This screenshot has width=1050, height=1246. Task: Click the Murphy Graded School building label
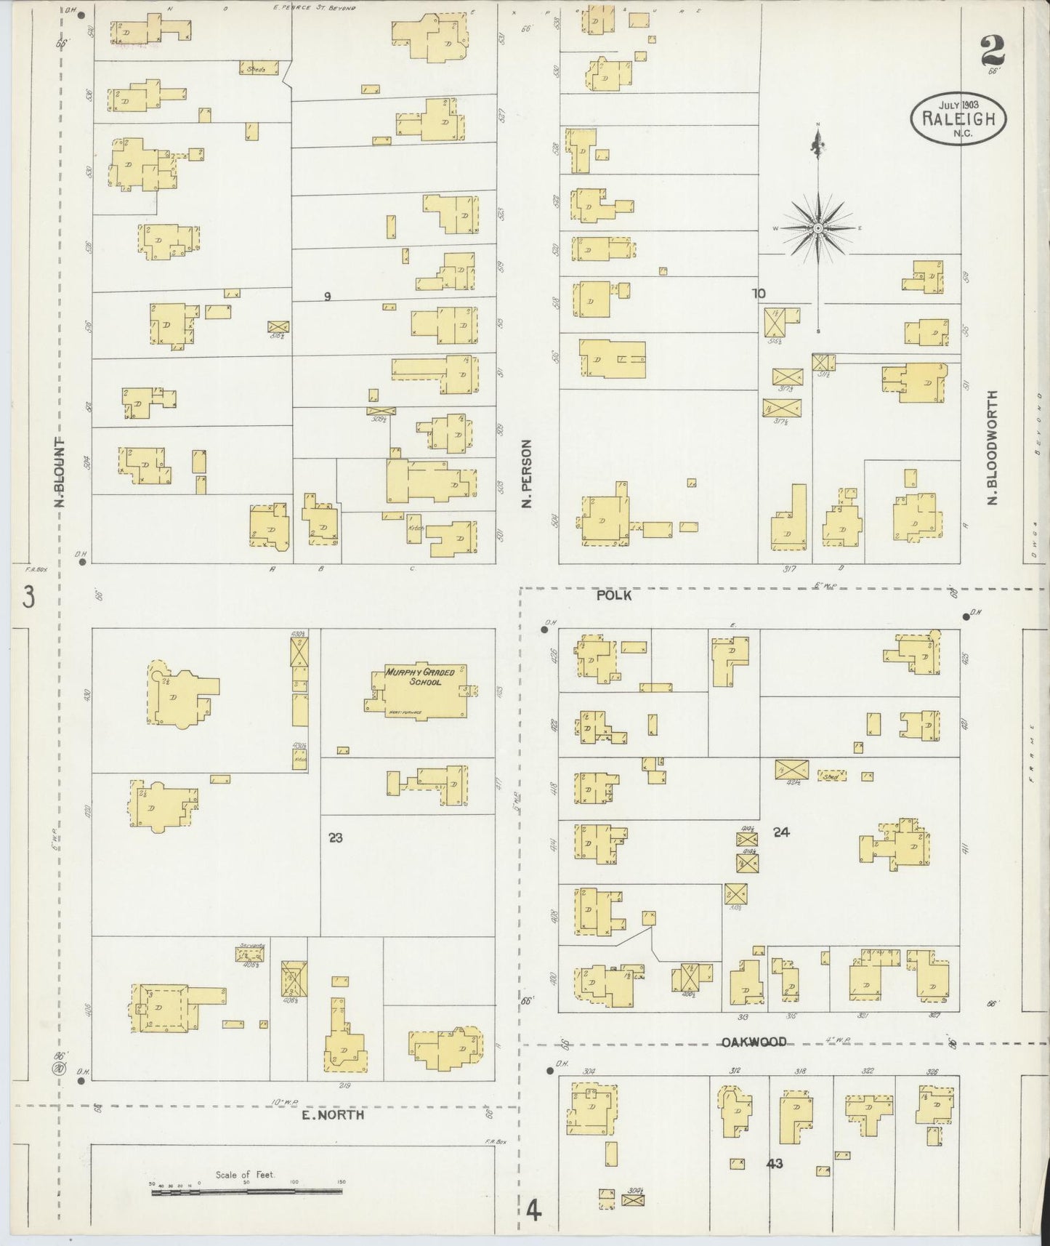point(419,677)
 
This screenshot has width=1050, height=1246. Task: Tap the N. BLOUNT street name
point(62,473)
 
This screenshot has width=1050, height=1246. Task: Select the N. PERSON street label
point(528,473)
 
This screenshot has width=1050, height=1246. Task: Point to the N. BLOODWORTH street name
point(992,448)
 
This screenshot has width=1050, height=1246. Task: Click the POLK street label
point(613,595)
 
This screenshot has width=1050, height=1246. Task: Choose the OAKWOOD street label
point(754,1042)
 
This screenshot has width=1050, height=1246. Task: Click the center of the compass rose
point(818,228)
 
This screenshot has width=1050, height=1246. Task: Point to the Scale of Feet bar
point(247,1191)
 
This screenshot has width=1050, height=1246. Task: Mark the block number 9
point(328,296)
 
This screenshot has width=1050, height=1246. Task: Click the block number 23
point(335,837)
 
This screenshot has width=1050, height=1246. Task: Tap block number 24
point(781,832)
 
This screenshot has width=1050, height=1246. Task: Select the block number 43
point(774,1164)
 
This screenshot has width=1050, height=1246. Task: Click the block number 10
point(759,294)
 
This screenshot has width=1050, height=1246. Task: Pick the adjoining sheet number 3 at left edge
point(28,598)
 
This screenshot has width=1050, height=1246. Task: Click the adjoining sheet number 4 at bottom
point(534,1212)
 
